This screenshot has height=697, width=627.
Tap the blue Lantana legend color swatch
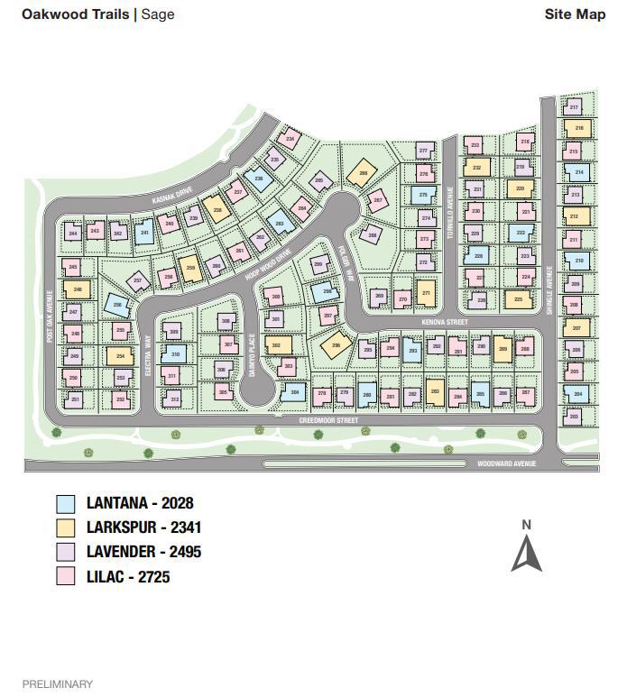66,503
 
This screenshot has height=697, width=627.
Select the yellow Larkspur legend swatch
66,527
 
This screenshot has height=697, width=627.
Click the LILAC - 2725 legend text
128,577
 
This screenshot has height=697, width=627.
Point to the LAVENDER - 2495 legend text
143,552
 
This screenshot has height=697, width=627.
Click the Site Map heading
575,14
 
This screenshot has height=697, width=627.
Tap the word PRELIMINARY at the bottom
58,684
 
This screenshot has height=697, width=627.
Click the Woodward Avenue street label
507,463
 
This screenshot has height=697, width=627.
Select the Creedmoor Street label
328,420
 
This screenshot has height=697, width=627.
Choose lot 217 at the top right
575,108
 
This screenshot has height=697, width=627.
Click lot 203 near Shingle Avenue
574,417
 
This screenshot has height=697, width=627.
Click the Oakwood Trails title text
76,14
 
